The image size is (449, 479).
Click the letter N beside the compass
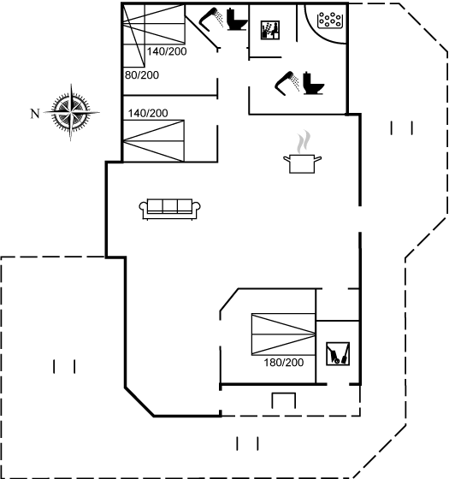(35, 114)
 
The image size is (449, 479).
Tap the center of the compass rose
(71, 112)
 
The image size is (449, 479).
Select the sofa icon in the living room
(170, 210)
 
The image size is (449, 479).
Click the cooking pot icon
(302, 163)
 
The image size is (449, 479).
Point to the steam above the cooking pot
(304, 142)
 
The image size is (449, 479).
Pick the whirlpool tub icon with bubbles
(330, 21)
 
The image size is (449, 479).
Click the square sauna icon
(270, 30)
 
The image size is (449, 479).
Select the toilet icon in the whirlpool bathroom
(313, 83)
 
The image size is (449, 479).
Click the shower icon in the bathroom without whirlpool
(211, 20)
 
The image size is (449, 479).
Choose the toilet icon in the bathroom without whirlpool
(237, 20)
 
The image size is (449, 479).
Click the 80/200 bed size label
(142, 75)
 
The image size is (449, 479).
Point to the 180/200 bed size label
(284, 363)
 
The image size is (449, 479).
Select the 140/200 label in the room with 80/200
(167, 51)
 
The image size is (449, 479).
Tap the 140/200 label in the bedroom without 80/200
(148, 113)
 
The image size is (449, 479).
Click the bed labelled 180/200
(283, 334)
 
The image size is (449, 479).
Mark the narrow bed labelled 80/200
(133, 35)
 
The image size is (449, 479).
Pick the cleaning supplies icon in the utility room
(338, 354)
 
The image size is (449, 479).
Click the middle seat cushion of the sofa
(170, 206)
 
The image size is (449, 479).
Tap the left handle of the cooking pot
(287, 158)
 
